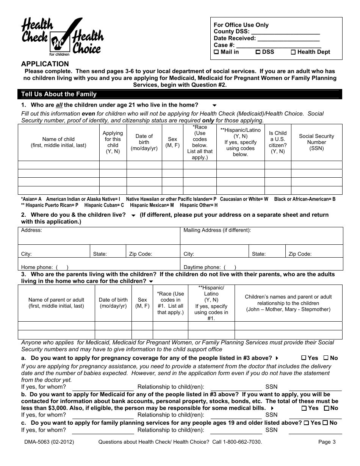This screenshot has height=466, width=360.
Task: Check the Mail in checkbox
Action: [216, 52]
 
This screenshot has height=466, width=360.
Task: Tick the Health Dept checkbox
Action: [293, 52]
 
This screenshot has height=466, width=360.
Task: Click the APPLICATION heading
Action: [45, 64]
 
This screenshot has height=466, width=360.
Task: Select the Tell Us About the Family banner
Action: [59, 94]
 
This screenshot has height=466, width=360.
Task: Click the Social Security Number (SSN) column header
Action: [316, 142]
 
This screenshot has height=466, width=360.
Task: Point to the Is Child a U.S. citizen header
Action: [278, 142]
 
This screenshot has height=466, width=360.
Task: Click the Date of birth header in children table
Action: [144, 142]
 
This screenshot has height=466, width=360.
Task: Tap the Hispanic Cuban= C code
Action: [104, 205]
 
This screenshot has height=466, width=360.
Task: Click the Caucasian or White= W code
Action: [244, 199]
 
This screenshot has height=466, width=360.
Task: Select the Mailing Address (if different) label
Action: [217, 230]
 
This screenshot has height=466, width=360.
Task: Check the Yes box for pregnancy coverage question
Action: [304, 358]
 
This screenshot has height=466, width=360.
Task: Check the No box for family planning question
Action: [325, 423]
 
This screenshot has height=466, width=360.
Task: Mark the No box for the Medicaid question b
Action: [326, 408]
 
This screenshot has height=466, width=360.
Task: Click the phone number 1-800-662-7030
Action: [242, 442]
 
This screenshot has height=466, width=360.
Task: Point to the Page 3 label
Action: [327, 442]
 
